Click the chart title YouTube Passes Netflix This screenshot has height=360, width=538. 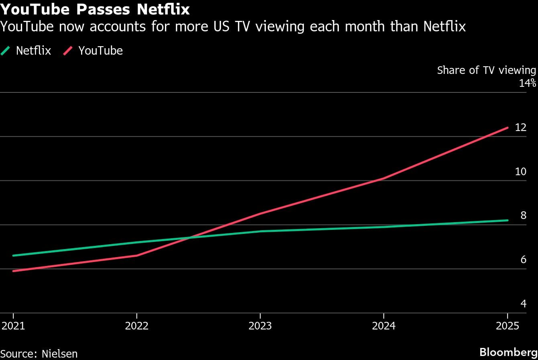click(x=95, y=9)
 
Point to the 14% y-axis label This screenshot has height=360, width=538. click(x=527, y=83)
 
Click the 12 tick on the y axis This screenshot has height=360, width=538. click(x=520, y=127)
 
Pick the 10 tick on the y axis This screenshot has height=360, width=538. click(x=520, y=172)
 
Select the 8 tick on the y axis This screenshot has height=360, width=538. click(x=523, y=215)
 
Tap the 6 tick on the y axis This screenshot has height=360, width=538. click(x=523, y=260)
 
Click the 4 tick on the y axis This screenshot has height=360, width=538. click(x=523, y=304)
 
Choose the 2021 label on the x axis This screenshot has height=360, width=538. click(x=13, y=325)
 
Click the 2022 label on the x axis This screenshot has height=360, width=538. click(x=137, y=325)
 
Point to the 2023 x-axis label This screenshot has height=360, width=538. click(x=260, y=325)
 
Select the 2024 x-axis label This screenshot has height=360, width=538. click(x=384, y=325)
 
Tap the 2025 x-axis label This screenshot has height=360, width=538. click(x=507, y=325)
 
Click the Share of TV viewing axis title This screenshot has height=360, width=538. click(x=486, y=70)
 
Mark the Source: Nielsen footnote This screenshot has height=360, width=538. click(x=39, y=354)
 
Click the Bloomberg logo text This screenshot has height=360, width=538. click(x=508, y=352)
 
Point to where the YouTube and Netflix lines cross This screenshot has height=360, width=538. click(x=188, y=238)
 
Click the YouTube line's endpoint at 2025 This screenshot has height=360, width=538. click(x=507, y=128)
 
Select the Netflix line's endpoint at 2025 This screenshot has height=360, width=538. click(x=507, y=220)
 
